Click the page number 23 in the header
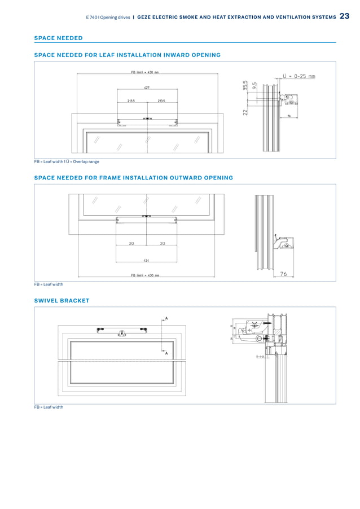tap(345, 16)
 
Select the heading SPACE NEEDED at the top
tap(58, 38)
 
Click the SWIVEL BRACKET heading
tap(62, 300)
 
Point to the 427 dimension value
tap(147, 88)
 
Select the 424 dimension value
tap(146, 260)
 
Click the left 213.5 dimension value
tap(131, 100)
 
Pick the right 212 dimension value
tap(162, 244)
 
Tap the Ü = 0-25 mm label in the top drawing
tap(298, 76)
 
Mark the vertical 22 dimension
tap(245, 112)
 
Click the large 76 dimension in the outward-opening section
tap(283, 274)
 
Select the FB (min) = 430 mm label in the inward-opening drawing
tap(145, 72)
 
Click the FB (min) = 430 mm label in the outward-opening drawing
tap(145, 275)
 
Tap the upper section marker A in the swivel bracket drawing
tap(166, 318)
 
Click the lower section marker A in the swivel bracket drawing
tap(166, 353)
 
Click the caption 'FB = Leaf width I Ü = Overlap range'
tap(66, 161)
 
